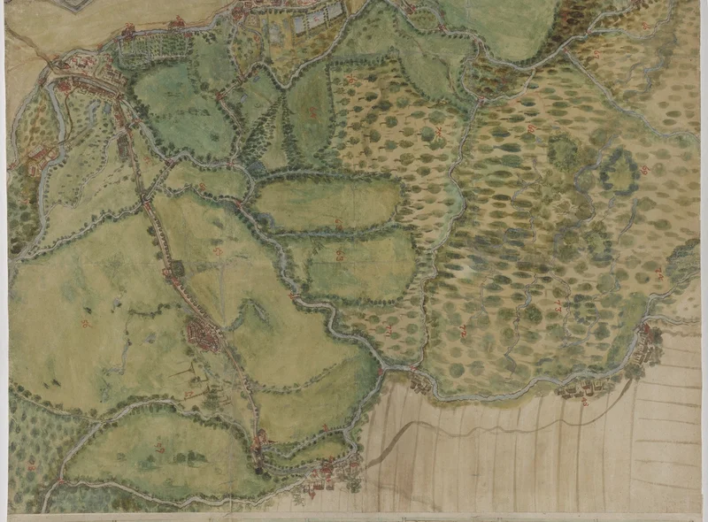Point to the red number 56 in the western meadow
pos(86,322)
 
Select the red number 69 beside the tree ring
pos(646,170)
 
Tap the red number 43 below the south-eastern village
pos(585,403)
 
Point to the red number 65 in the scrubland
pos(463,331)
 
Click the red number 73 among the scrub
pos(558,307)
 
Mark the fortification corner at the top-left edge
pos(71,5)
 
